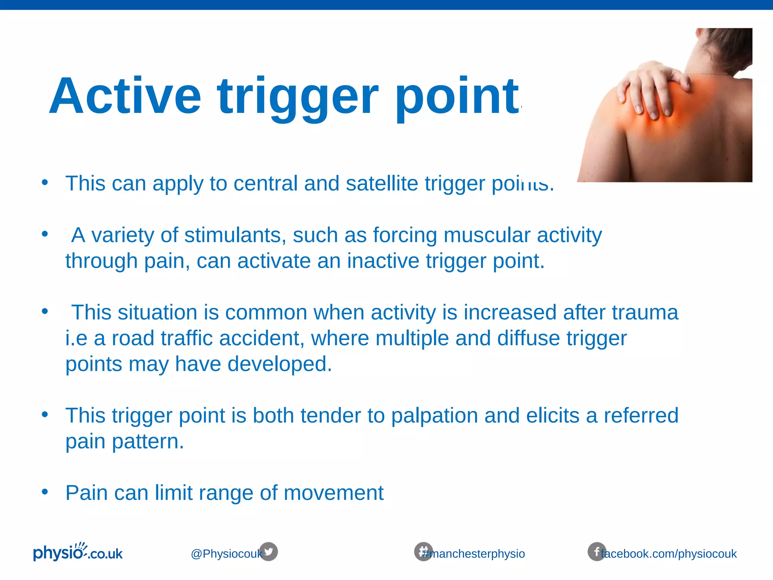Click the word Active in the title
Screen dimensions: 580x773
coord(125,96)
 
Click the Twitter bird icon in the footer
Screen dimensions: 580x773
coord(269,552)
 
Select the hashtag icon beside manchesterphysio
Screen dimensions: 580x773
coord(423,551)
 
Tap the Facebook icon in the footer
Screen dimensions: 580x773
coord(596,552)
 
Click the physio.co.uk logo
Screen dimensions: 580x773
coord(78,552)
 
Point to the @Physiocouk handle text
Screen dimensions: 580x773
coord(226,554)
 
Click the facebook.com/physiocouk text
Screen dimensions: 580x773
coord(669,554)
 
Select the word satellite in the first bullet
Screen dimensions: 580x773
coord(382,184)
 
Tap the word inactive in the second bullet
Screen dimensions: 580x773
coord(383,261)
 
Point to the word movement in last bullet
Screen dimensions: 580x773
coord(333,493)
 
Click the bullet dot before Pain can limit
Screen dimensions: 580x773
coord(45,492)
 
